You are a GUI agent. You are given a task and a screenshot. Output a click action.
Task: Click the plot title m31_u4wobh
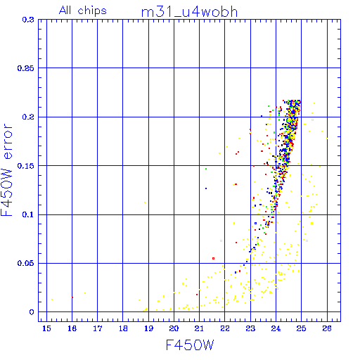pos(189,12)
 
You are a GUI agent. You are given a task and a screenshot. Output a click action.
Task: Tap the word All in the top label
pos(65,11)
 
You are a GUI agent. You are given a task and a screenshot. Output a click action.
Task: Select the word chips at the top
pos(92,11)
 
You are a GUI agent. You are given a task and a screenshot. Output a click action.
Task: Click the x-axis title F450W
pos(190,345)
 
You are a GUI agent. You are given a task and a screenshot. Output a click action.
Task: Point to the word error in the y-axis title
pos(8,141)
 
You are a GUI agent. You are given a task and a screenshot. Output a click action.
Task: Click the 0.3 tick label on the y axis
pos(28,20)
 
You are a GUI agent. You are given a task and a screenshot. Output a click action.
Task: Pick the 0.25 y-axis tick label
pos(25,68)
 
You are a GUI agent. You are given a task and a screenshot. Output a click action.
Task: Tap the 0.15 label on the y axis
pos(25,166)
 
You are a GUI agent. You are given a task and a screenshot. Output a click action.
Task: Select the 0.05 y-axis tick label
pos(25,263)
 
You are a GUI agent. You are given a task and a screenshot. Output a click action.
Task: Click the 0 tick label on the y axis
pos(32,312)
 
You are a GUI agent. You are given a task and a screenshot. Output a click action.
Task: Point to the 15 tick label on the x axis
pos(46,328)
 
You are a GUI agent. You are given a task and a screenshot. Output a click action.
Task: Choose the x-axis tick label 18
pos(123,328)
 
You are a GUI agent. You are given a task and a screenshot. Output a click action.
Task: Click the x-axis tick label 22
pos(225,328)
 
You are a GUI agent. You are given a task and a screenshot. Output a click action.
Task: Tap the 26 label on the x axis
pos(327,328)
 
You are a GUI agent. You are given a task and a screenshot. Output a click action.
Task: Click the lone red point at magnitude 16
pos(72,297)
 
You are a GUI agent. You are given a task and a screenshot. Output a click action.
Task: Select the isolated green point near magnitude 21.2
pos(206,169)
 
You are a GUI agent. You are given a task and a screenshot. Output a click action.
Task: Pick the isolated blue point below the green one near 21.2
pos(206,188)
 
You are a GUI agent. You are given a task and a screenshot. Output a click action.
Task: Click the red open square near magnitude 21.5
pos(213,258)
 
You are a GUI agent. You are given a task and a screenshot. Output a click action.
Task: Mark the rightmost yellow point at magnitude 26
pos(327,139)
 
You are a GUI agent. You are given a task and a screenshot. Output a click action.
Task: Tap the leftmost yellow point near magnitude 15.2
pos(52,300)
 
